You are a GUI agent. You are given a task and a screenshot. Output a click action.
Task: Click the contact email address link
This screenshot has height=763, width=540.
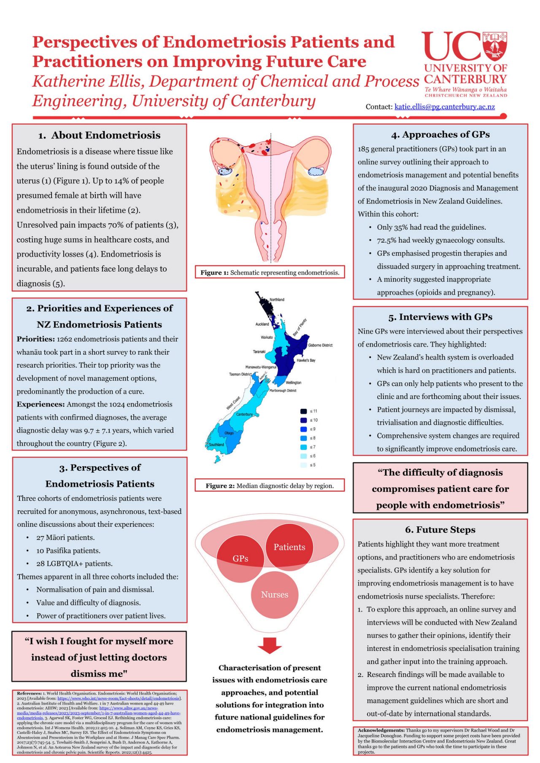pyautogui.click(x=444, y=107)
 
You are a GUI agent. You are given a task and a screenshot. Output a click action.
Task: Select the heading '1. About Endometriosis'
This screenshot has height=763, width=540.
pyautogui.click(x=99, y=135)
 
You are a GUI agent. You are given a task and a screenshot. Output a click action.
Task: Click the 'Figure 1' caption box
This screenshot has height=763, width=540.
pyautogui.click(x=270, y=272)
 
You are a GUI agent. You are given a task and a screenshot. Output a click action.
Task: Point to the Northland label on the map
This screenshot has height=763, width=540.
pyautogui.click(x=277, y=299)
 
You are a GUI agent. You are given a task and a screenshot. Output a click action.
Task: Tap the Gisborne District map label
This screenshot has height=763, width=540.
pyautogui.click(x=320, y=345)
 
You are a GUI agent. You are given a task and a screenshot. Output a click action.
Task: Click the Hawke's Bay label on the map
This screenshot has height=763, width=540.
pyautogui.click(x=306, y=360)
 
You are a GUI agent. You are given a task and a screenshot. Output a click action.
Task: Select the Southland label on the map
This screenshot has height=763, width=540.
pyautogui.click(x=216, y=445)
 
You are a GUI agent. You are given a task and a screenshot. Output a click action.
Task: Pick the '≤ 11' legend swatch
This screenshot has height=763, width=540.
pyautogui.click(x=303, y=411)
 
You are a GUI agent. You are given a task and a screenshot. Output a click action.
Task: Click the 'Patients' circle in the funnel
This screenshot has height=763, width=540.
pyautogui.click(x=289, y=547)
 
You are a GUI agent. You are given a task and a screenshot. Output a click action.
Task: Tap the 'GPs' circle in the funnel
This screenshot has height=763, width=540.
pyautogui.click(x=240, y=558)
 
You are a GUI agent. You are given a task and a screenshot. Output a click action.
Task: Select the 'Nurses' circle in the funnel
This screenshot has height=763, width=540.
pyautogui.click(x=275, y=594)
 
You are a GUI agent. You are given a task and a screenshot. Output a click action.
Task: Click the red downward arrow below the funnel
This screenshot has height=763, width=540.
pyautogui.click(x=270, y=645)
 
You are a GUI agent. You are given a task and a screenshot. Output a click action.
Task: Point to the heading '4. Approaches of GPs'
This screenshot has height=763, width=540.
pyautogui.click(x=440, y=134)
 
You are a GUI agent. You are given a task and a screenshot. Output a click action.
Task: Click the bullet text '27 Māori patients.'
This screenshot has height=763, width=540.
pyautogui.click(x=65, y=537)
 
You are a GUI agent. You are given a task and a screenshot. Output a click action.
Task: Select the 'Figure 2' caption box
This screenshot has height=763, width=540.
pyautogui.click(x=270, y=485)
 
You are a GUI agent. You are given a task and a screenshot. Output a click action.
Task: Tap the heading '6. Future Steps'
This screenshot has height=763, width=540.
pyautogui.click(x=440, y=529)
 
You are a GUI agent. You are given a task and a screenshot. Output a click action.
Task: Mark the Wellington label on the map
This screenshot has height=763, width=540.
pyautogui.click(x=293, y=383)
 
